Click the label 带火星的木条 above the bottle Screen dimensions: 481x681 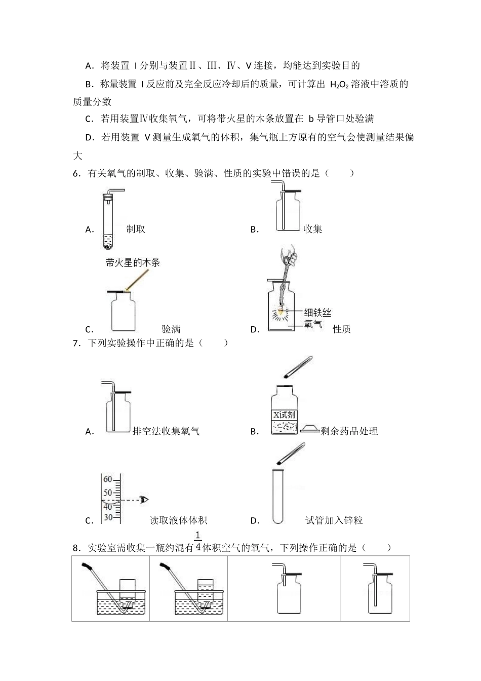click(x=133, y=262)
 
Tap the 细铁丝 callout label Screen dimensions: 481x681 click(x=317, y=312)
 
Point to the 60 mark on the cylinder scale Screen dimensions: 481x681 click(x=107, y=479)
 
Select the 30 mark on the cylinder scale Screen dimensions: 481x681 click(x=107, y=517)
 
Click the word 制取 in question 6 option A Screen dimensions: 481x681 click(x=136, y=229)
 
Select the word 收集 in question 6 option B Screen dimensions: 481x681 click(x=312, y=229)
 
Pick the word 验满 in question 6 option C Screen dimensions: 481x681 click(x=171, y=329)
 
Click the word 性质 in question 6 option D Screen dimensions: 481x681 click(x=342, y=329)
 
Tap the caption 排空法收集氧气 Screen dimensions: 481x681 click(x=166, y=431)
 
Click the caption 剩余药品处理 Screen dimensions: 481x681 click(x=349, y=431)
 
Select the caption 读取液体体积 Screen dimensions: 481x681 click(x=178, y=520)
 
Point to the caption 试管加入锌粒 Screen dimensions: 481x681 click(x=334, y=520)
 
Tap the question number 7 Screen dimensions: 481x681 click(x=76, y=343)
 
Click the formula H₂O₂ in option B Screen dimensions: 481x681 click(x=339, y=85)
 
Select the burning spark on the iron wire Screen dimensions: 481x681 click(x=282, y=312)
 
